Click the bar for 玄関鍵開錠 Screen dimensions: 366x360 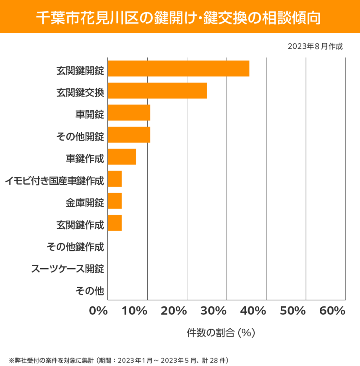click(x=178, y=69)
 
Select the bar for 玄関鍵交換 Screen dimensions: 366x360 click(x=157, y=91)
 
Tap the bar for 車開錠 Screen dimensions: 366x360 click(x=129, y=113)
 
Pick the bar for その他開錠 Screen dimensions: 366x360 click(x=129, y=135)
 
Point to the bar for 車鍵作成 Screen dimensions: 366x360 click(x=122, y=157)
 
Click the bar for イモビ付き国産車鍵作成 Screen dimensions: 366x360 click(x=115, y=179)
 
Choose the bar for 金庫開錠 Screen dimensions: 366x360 click(x=115, y=201)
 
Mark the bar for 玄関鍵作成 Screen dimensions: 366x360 click(x=115, y=223)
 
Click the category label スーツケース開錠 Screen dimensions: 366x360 click(x=68, y=268)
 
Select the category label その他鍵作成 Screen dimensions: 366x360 click(x=75, y=246)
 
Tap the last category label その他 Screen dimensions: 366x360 click(x=89, y=290)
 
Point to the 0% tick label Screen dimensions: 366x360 click(x=99, y=311)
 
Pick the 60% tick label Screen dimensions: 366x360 click(x=332, y=311)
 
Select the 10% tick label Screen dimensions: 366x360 click(x=135, y=311)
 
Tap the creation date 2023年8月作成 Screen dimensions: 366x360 click(x=315, y=46)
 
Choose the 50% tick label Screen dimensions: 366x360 click(x=292, y=311)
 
